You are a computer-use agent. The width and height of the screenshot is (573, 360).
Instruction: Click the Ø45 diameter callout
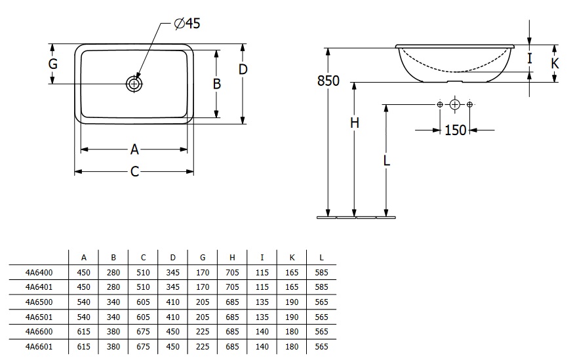point(187,24)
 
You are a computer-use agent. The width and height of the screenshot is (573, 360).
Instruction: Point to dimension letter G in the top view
point(53,64)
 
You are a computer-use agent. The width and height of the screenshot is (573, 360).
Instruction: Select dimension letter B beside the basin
point(217,84)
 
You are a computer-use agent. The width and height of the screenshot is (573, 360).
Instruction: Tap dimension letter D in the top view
point(243,69)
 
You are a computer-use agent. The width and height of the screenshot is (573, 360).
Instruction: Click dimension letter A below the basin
point(134,149)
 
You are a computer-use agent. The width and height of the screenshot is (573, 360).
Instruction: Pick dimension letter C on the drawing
point(134,171)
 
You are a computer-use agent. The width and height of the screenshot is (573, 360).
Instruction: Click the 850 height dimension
point(328,81)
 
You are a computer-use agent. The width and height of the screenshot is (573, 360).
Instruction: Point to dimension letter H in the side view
point(355,123)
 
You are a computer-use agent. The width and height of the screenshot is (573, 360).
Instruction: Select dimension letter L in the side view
point(387,160)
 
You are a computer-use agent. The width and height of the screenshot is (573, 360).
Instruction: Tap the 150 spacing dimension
point(456,130)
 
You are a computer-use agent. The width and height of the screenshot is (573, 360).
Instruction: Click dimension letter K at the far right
point(555,63)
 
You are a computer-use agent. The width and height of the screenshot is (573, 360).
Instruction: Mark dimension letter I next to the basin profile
point(530,58)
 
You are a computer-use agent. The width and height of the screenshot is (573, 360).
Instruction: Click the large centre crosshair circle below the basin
point(454,105)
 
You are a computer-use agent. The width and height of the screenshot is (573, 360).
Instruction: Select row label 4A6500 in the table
point(39,302)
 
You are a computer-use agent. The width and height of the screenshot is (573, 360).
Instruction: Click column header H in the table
point(232,258)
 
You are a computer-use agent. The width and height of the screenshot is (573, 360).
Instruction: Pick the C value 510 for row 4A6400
point(143,273)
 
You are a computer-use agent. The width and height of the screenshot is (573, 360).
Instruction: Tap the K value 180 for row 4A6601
point(292,346)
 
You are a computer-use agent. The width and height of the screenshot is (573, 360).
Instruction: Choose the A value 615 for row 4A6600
point(84,332)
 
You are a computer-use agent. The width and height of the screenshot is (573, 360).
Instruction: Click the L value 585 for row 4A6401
point(322,287)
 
